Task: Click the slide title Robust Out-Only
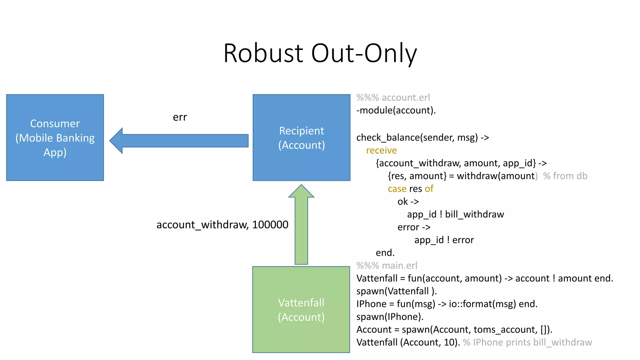coord(320,53)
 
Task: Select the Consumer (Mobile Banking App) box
coord(55,137)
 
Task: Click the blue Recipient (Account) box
coord(301,137)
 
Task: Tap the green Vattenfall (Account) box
coord(301,309)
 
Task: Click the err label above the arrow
coord(180,117)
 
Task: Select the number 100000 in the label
coord(270,225)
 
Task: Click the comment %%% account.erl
coord(393,97)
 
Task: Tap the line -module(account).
coord(396,110)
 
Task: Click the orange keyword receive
coord(381,150)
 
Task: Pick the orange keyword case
coord(397,189)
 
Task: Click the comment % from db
coord(565,176)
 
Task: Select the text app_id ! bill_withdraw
coord(455,214)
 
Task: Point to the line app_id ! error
coord(444,240)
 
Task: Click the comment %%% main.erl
coord(387,265)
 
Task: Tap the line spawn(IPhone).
coord(390,317)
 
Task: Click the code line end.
coord(385,252)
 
